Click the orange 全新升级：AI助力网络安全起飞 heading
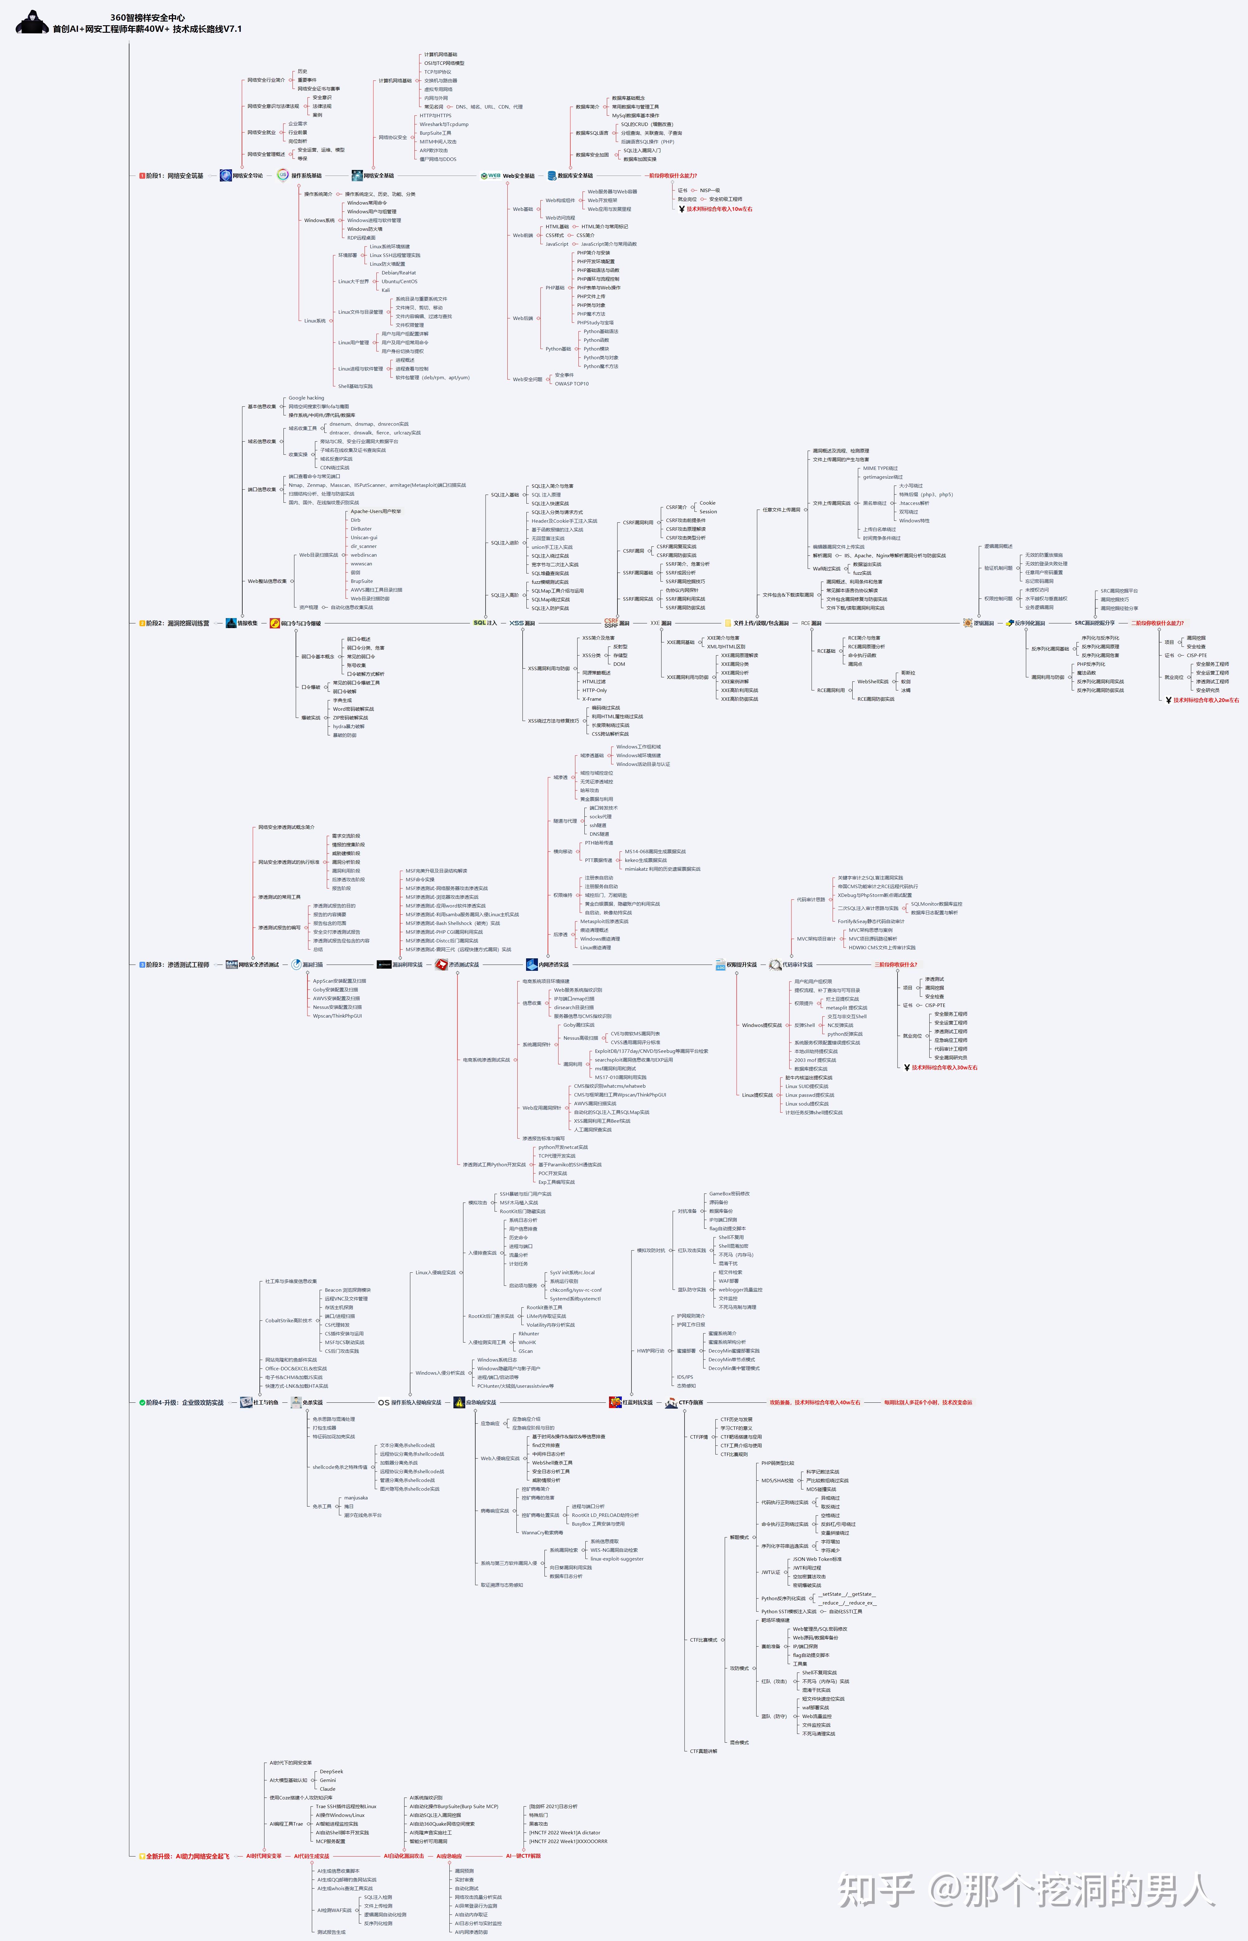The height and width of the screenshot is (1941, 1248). pyautogui.click(x=186, y=1856)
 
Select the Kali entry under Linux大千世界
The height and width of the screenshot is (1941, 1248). pyautogui.click(x=386, y=290)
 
